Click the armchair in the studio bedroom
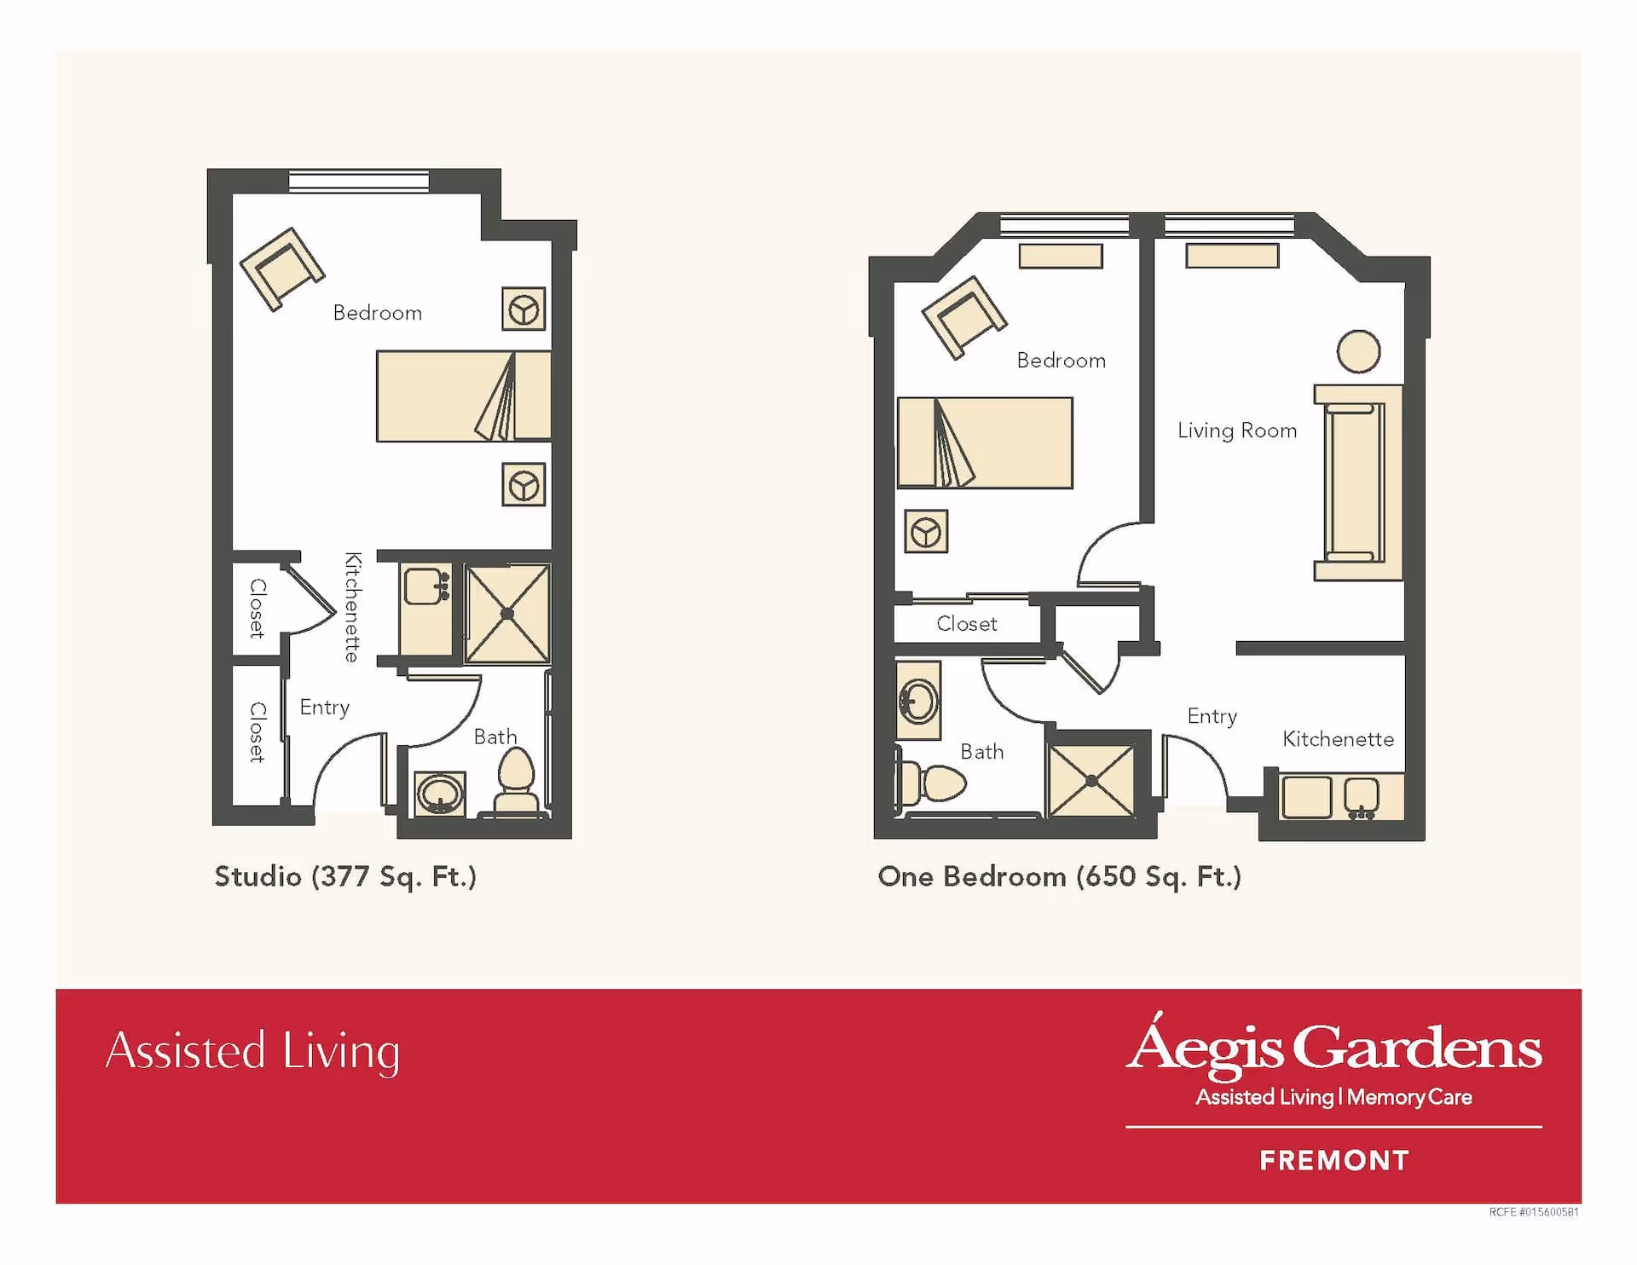282,269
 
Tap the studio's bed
464,396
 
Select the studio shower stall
507,613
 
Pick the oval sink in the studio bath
440,794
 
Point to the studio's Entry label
325,708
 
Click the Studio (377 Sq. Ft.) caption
345,876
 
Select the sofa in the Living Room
1358,482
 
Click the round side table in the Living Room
1358,351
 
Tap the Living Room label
1237,430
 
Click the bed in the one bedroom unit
985,442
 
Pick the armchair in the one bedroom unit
964,317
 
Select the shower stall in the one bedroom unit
1092,780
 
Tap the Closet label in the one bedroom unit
967,624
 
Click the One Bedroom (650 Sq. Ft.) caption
1060,876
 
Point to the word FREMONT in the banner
1334,1160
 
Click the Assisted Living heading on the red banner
253,1051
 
